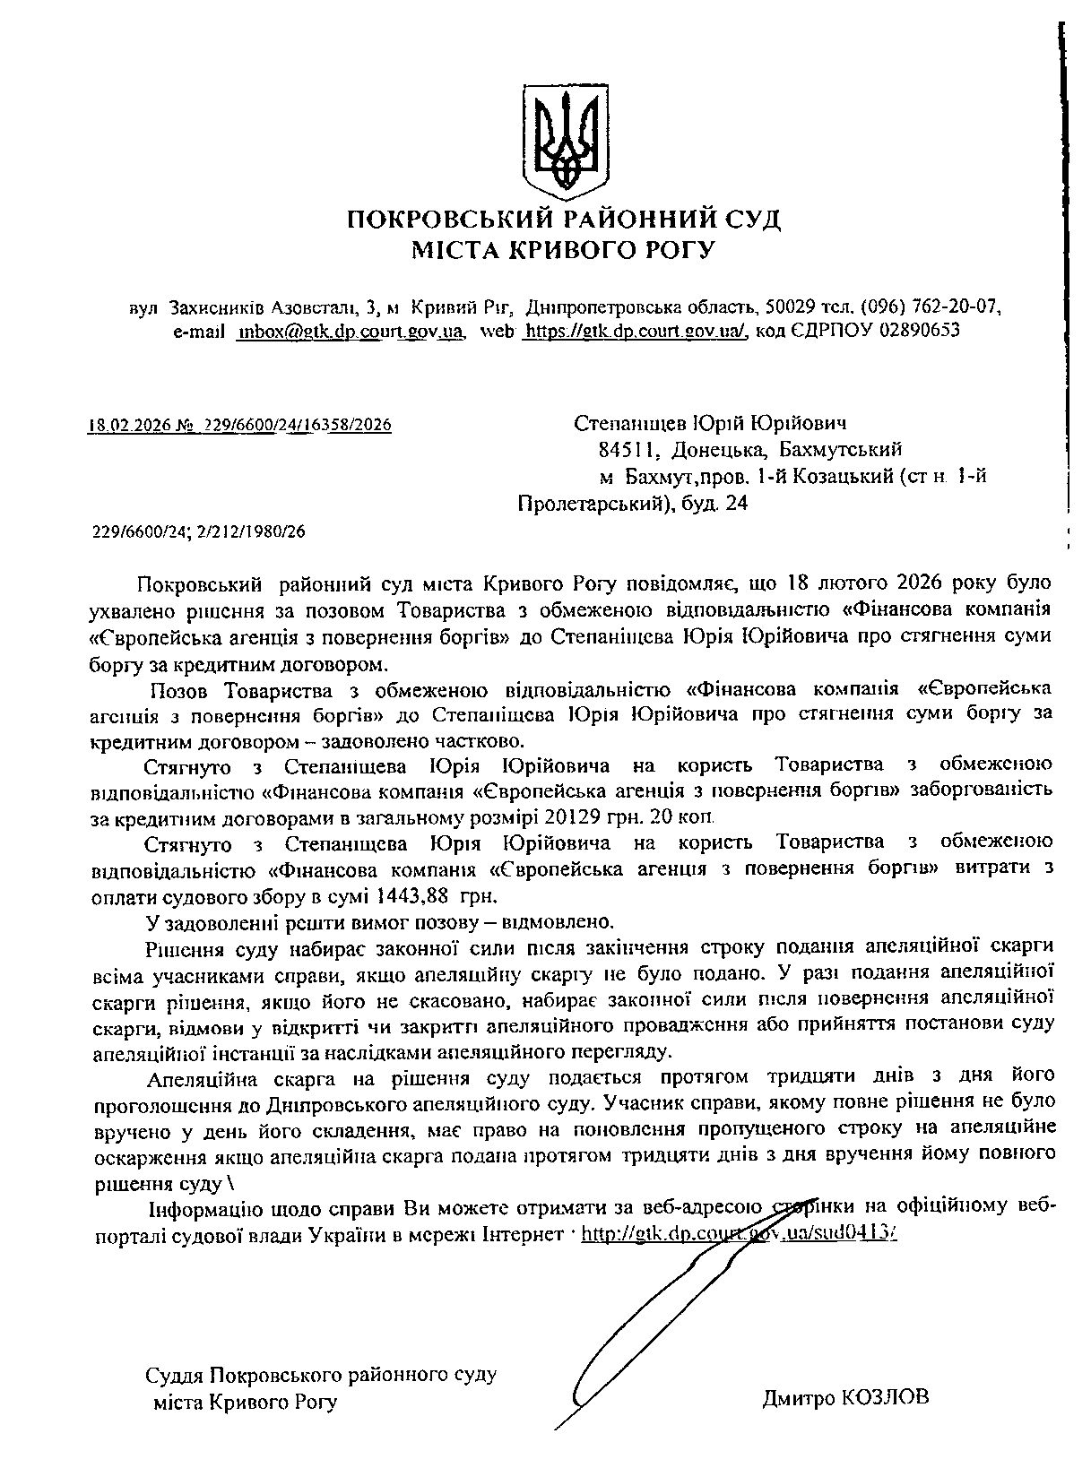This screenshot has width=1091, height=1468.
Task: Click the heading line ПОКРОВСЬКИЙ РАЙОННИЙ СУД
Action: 563,219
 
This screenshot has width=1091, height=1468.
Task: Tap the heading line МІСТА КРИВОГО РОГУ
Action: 563,249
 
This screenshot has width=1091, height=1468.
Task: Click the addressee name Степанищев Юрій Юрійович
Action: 710,423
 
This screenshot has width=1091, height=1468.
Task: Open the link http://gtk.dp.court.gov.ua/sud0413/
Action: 739,1234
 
